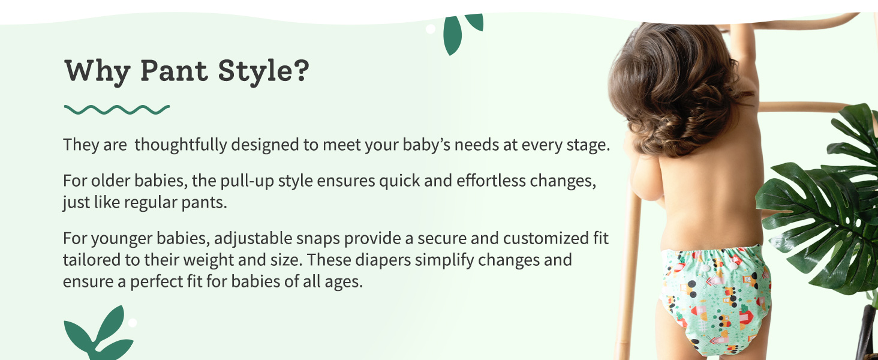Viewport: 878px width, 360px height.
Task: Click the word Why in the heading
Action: tap(97, 72)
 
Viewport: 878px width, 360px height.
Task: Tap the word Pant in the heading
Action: tap(174, 71)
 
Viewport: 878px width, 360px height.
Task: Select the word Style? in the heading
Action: tap(264, 72)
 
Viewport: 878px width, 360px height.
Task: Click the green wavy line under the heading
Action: tap(117, 109)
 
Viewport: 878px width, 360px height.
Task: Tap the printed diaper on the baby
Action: tap(715, 300)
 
